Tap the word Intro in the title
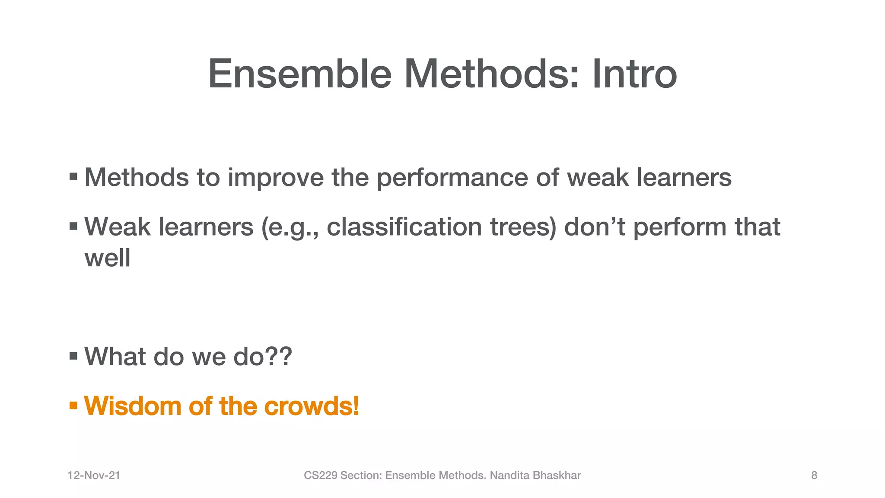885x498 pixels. coord(634,74)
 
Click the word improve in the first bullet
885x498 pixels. coord(275,178)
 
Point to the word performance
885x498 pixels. coord(452,178)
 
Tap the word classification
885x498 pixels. coord(404,227)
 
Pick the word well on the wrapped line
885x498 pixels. coord(107,258)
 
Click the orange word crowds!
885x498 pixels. coord(311,406)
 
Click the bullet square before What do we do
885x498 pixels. coord(73,356)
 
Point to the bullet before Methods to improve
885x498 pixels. coord(73,177)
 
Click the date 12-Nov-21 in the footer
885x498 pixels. coord(94,476)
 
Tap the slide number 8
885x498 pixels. coord(814,476)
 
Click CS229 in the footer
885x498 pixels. coord(321,476)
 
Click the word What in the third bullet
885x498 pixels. coord(115,357)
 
